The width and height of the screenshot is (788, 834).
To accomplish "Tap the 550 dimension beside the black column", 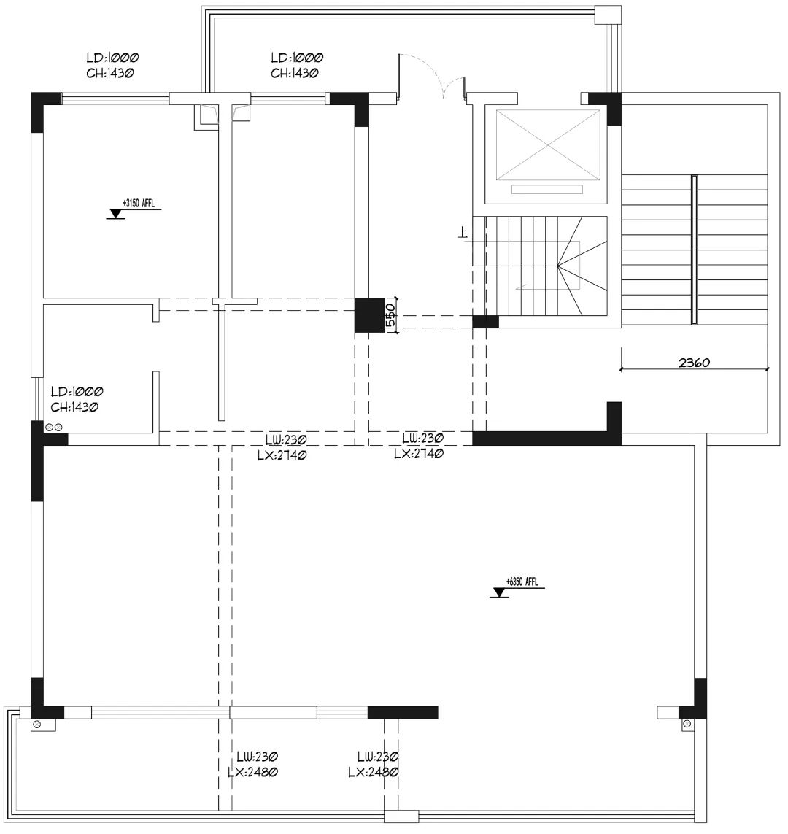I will (391, 315).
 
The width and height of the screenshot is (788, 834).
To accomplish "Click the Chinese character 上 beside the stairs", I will (462, 233).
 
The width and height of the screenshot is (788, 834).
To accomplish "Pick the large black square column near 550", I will (369, 315).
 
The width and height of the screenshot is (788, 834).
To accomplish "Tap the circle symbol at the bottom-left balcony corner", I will (36, 725).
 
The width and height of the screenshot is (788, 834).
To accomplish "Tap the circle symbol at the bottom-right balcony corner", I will (687, 725).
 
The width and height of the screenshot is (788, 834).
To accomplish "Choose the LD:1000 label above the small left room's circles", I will (76, 392).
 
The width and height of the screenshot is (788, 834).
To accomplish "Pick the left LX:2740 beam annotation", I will (281, 454).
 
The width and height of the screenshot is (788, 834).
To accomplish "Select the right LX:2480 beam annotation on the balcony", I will (372, 772).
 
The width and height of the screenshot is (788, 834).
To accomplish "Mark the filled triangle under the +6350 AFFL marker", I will (500, 593).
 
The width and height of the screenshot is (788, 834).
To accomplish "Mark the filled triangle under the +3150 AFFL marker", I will (115, 214).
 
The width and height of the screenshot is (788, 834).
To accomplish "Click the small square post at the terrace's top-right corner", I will (606, 15).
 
